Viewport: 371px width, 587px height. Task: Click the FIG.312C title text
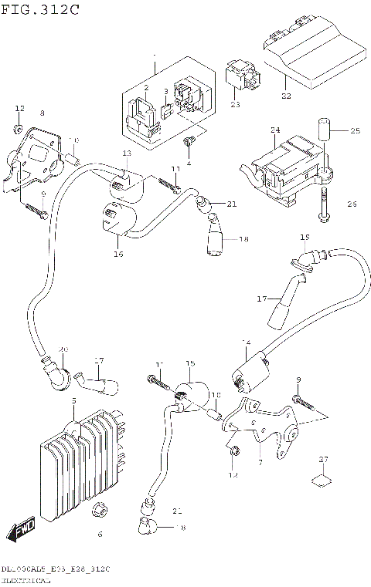pyautogui.click(x=31, y=8)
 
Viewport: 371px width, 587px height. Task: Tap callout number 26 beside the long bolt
pyautogui.click(x=352, y=204)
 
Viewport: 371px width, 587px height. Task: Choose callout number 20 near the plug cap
pyautogui.click(x=63, y=350)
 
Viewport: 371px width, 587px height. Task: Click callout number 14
pyautogui.click(x=247, y=342)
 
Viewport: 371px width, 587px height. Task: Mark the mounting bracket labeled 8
pyautogui.click(x=35, y=158)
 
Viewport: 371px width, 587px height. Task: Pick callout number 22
pyautogui.click(x=287, y=96)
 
